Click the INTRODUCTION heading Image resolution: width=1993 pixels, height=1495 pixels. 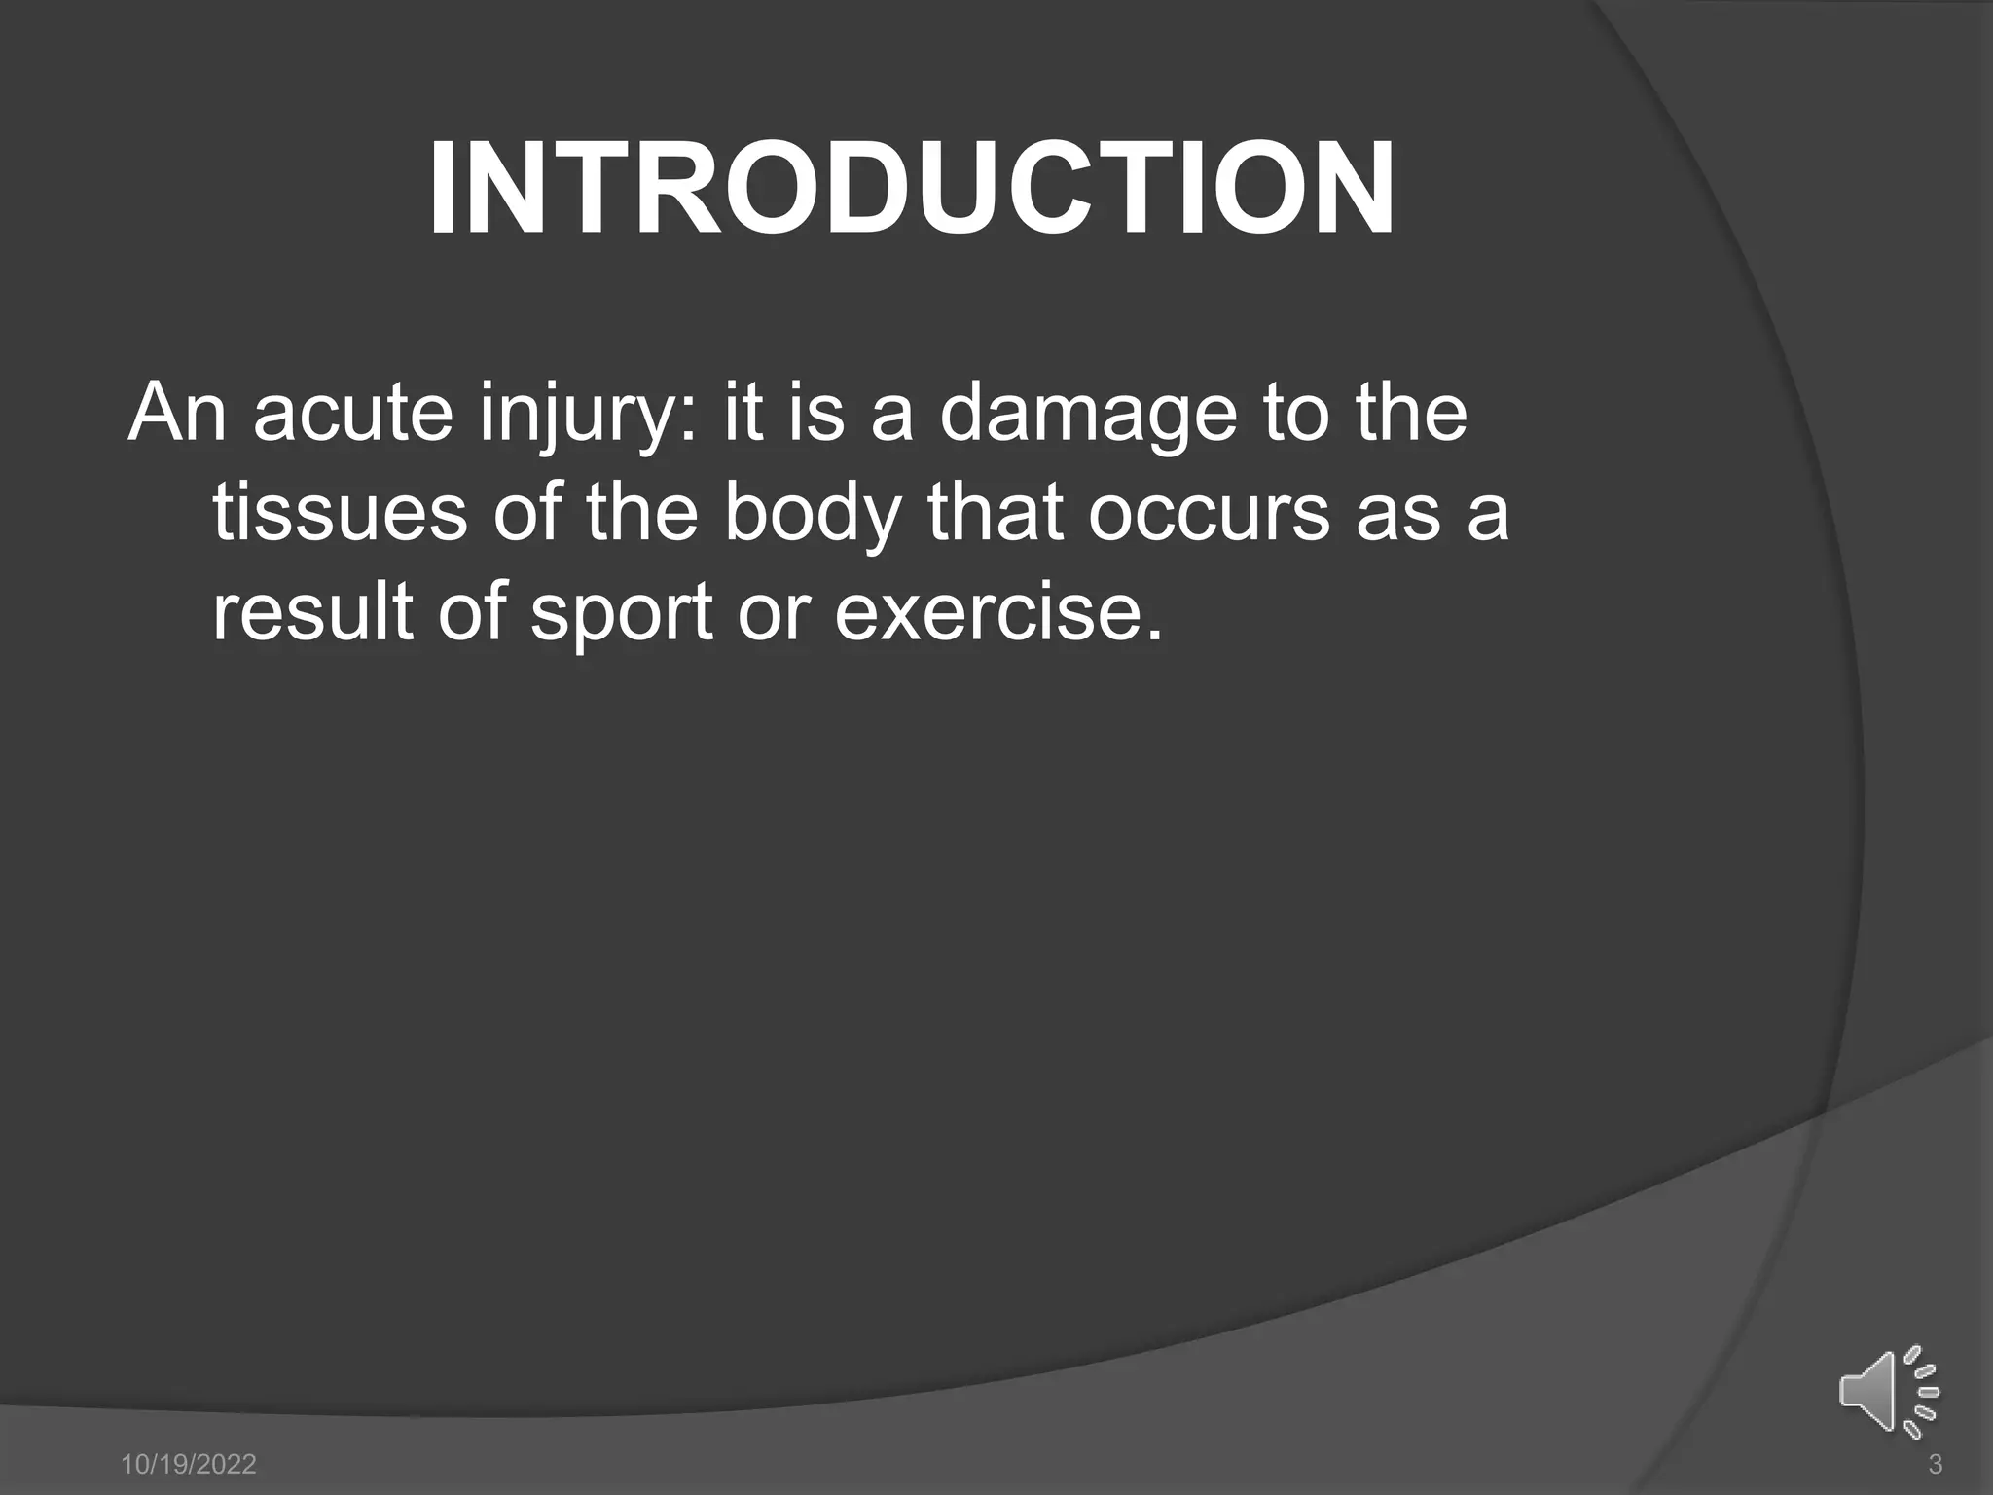click(912, 189)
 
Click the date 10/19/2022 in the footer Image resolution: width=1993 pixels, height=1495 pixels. click(189, 1464)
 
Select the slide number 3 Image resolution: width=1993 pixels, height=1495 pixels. click(1935, 1464)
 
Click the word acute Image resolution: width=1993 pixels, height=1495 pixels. click(353, 413)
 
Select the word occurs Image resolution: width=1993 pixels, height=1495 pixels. click(1208, 513)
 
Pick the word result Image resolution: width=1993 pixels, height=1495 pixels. click(312, 612)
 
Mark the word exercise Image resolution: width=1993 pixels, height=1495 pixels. click(997, 612)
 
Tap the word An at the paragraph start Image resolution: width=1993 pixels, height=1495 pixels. click(176, 413)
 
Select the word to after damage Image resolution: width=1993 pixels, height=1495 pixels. click(1294, 413)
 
